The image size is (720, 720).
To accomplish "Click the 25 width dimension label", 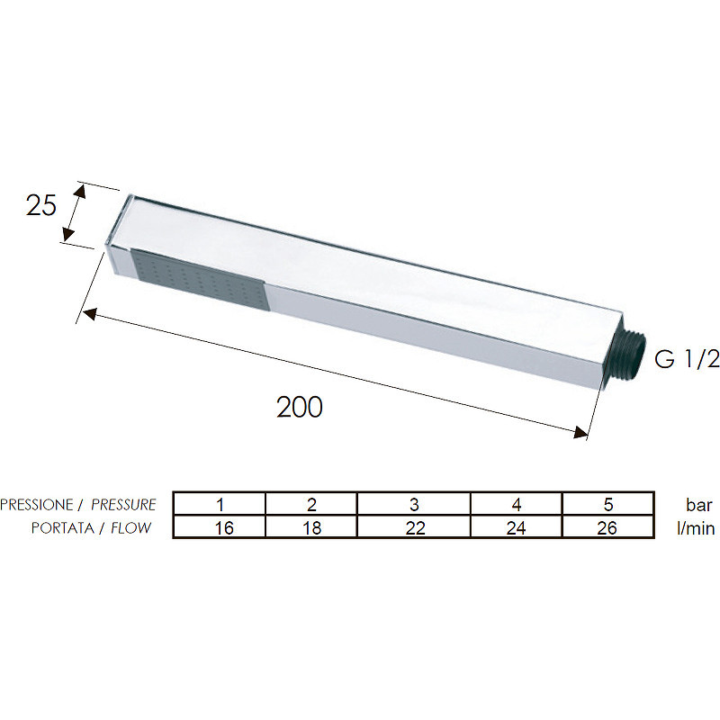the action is [41, 206].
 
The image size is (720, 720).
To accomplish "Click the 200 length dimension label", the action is [300, 407].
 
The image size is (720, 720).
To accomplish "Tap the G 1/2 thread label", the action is [687, 358].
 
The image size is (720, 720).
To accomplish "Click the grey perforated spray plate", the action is [199, 280].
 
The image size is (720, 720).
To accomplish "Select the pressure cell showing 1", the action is [220, 505].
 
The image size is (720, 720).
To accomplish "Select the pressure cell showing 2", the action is [311, 505].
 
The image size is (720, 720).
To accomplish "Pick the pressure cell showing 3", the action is [414, 505].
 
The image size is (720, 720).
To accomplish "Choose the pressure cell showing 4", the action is [516, 505].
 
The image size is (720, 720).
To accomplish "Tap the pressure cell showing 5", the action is [608, 505].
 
